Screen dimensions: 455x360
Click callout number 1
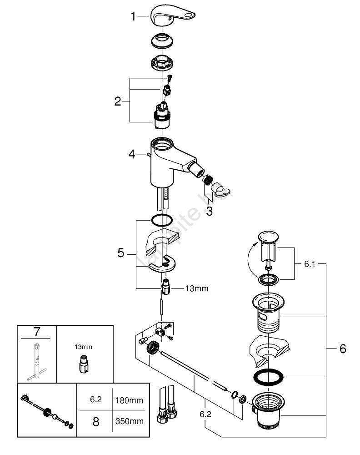coord(133,17)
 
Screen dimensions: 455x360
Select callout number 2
coord(118,101)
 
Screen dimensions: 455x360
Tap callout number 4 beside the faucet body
coord(132,154)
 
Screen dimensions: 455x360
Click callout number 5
coord(120,253)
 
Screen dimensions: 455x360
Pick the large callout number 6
coord(342,349)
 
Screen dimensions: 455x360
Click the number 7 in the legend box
coord(37,332)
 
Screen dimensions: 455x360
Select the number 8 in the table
coord(95,421)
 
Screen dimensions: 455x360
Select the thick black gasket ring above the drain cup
coord(268,377)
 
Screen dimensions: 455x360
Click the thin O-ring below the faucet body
coord(161,220)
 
